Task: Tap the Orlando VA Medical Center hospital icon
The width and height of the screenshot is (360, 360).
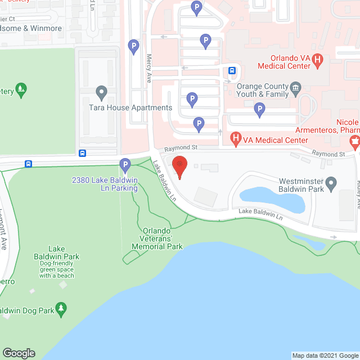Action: [318, 59]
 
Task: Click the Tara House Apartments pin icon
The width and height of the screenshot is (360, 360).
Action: [102, 92]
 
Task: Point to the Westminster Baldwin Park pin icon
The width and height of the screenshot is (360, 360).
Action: [331, 182]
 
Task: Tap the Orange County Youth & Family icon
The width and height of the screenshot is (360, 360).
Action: [296, 88]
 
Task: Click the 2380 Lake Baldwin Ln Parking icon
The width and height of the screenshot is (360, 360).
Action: [125, 165]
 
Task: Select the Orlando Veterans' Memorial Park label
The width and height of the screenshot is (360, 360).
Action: [157, 238]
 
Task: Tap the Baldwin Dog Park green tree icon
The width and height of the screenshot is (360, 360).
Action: [61, 308]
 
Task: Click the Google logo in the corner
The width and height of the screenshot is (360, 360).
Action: [19, 353]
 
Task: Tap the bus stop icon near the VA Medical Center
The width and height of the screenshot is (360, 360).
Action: [232, 70]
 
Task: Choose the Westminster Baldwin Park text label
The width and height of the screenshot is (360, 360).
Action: [303, 186]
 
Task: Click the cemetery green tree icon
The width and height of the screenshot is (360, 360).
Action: [21, 89]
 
